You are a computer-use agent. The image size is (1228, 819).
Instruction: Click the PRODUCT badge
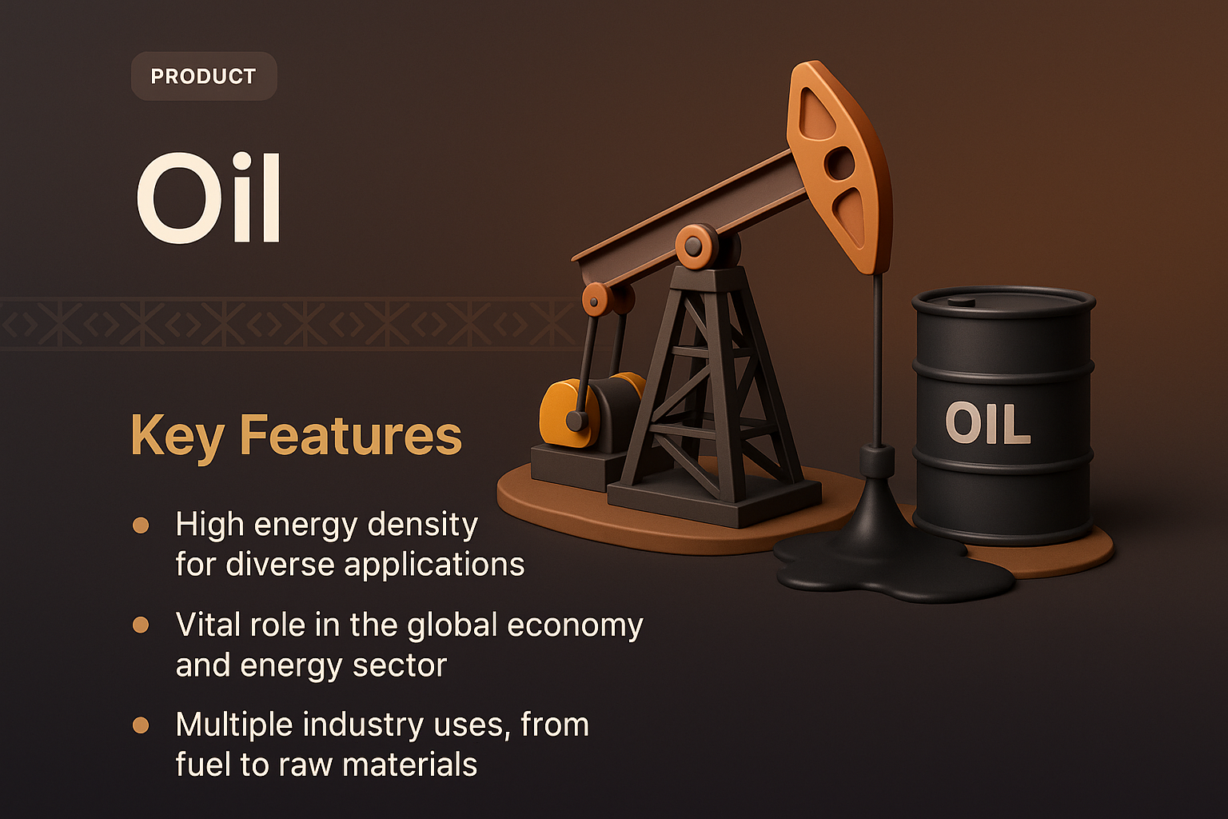204,77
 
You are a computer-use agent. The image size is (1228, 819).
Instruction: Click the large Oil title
209,198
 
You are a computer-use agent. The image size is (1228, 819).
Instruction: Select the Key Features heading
296,436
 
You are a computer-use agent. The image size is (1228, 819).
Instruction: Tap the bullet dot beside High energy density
141,525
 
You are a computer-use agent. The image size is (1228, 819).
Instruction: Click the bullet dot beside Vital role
141,625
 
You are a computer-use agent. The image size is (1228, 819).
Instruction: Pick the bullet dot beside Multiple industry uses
141,725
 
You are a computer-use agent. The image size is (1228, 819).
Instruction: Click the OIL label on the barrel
987,423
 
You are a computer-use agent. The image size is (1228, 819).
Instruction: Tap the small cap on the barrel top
962,302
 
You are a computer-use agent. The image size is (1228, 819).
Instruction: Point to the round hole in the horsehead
839,164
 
